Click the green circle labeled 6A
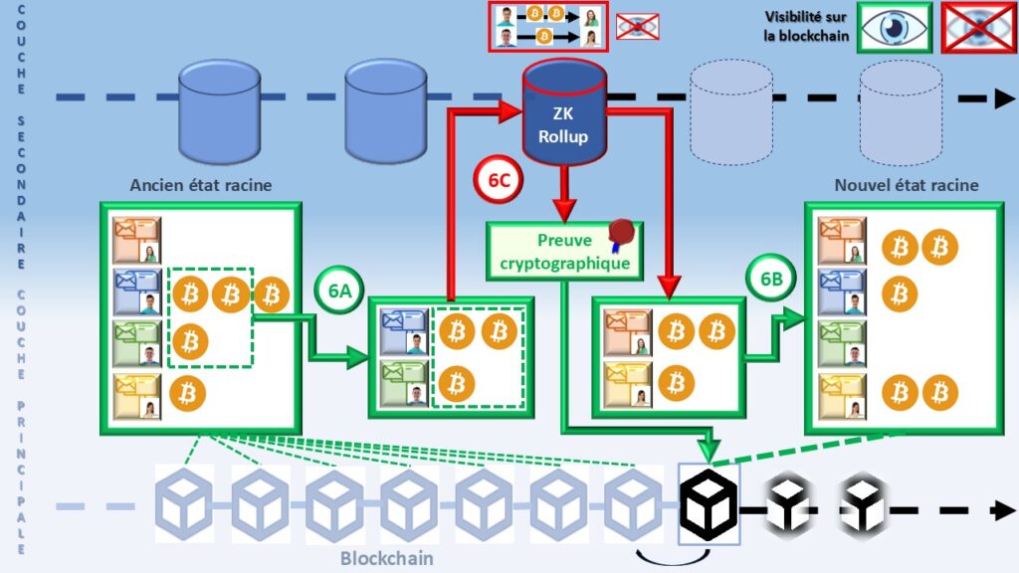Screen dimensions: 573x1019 tap(339, 289)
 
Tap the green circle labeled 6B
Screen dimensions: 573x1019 tap(771, 280)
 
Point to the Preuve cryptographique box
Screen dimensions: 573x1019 tap(563, 252)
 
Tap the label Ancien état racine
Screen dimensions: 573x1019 tap(200, 185)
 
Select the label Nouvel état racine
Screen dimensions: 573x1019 tap(906, 185)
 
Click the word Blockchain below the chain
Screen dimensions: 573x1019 tap(386, 558)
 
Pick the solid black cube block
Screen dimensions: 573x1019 tap(708, 502)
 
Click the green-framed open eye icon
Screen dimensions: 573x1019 tap(895, 27)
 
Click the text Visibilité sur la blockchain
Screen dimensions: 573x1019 tap(806, 27)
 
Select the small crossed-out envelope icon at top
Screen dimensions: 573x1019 tap(637, 26)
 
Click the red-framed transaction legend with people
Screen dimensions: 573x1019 tap(546, 26)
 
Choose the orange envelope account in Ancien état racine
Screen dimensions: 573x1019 tap(137, 239)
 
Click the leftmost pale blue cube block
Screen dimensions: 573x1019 tap(185, 503)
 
